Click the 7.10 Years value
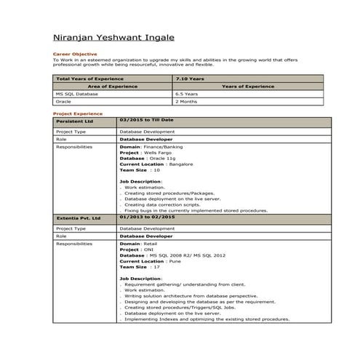(x=190, y=78)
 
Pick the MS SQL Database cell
(x=76, y=94)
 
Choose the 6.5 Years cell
(x=187, y=94)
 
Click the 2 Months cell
(x=185, y=102)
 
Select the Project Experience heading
(x=78, y=114)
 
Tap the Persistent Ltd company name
(x=74, y=120)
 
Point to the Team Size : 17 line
(x=140, y=267)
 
